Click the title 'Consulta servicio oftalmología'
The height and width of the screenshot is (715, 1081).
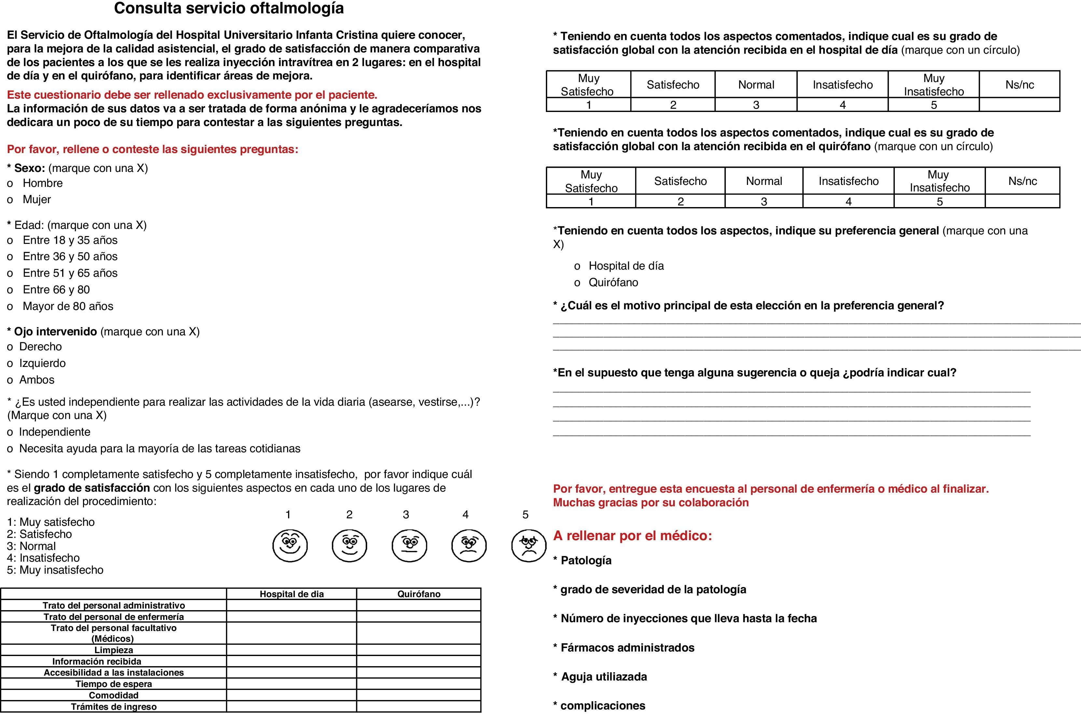pyautogui.click(x=229, y=8)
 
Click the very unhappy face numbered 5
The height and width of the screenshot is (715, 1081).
pyautogui.click(x=529, y=545)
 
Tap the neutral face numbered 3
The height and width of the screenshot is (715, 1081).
pyautogui.click(x=409, y=545)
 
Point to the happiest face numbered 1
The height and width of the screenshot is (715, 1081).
pyautogui.click(x=290, y=545)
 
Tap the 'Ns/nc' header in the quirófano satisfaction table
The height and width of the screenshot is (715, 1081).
pyautogui.click(x=1022, y=181)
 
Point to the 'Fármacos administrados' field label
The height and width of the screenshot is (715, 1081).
pyautogui.click(x=627, y=648)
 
